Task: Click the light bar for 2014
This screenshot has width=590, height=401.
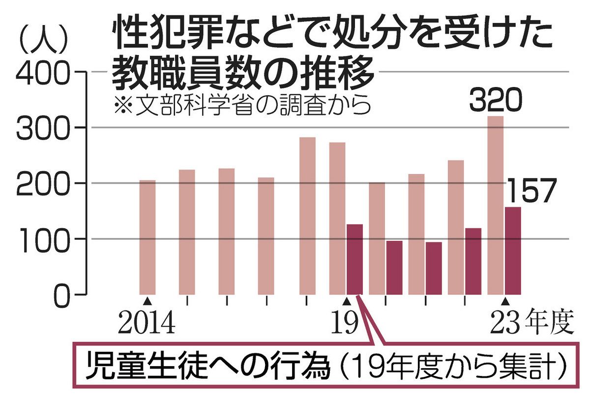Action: pos(147,237)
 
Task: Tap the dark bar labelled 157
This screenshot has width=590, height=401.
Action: pos(512,251)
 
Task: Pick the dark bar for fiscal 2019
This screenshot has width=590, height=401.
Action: pos(354,259)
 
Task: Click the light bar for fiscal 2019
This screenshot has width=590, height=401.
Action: pos(337,218)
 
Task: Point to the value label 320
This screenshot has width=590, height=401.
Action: pos(494,102)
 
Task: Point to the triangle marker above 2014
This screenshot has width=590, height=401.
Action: pos(147,300)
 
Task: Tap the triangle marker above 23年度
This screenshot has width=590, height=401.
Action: pos(504,300)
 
